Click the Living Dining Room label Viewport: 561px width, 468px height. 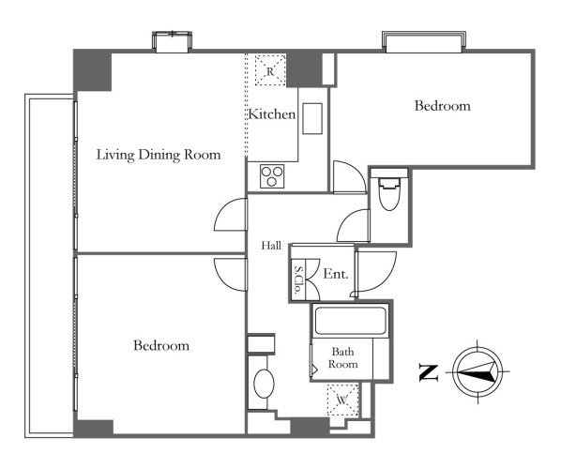tap(159, 155)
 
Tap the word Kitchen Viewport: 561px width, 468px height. tap(272, 114)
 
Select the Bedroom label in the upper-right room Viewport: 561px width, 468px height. tap(442, 106)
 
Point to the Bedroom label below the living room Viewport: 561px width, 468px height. tap(161, 346)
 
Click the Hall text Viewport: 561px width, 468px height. tap(271, 246)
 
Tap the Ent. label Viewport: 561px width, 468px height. tap(336, 274)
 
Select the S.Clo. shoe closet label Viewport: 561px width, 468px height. tap(297, 279)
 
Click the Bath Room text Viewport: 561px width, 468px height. tap(343, 357)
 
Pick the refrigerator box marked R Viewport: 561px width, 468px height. tap(270, 70)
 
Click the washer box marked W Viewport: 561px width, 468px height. tap(342, 400)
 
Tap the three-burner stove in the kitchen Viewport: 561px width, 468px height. tap(272, 176)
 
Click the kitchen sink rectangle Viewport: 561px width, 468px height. tap(312, 119)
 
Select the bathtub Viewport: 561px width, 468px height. tap(350, 320)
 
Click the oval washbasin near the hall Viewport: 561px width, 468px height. tap(264, 384)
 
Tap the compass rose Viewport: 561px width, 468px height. tap(478, 371)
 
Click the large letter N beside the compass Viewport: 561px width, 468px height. tap(429, 373)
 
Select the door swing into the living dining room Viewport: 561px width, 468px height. tap(231, 215)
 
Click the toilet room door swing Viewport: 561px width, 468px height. tap(353, 225)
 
